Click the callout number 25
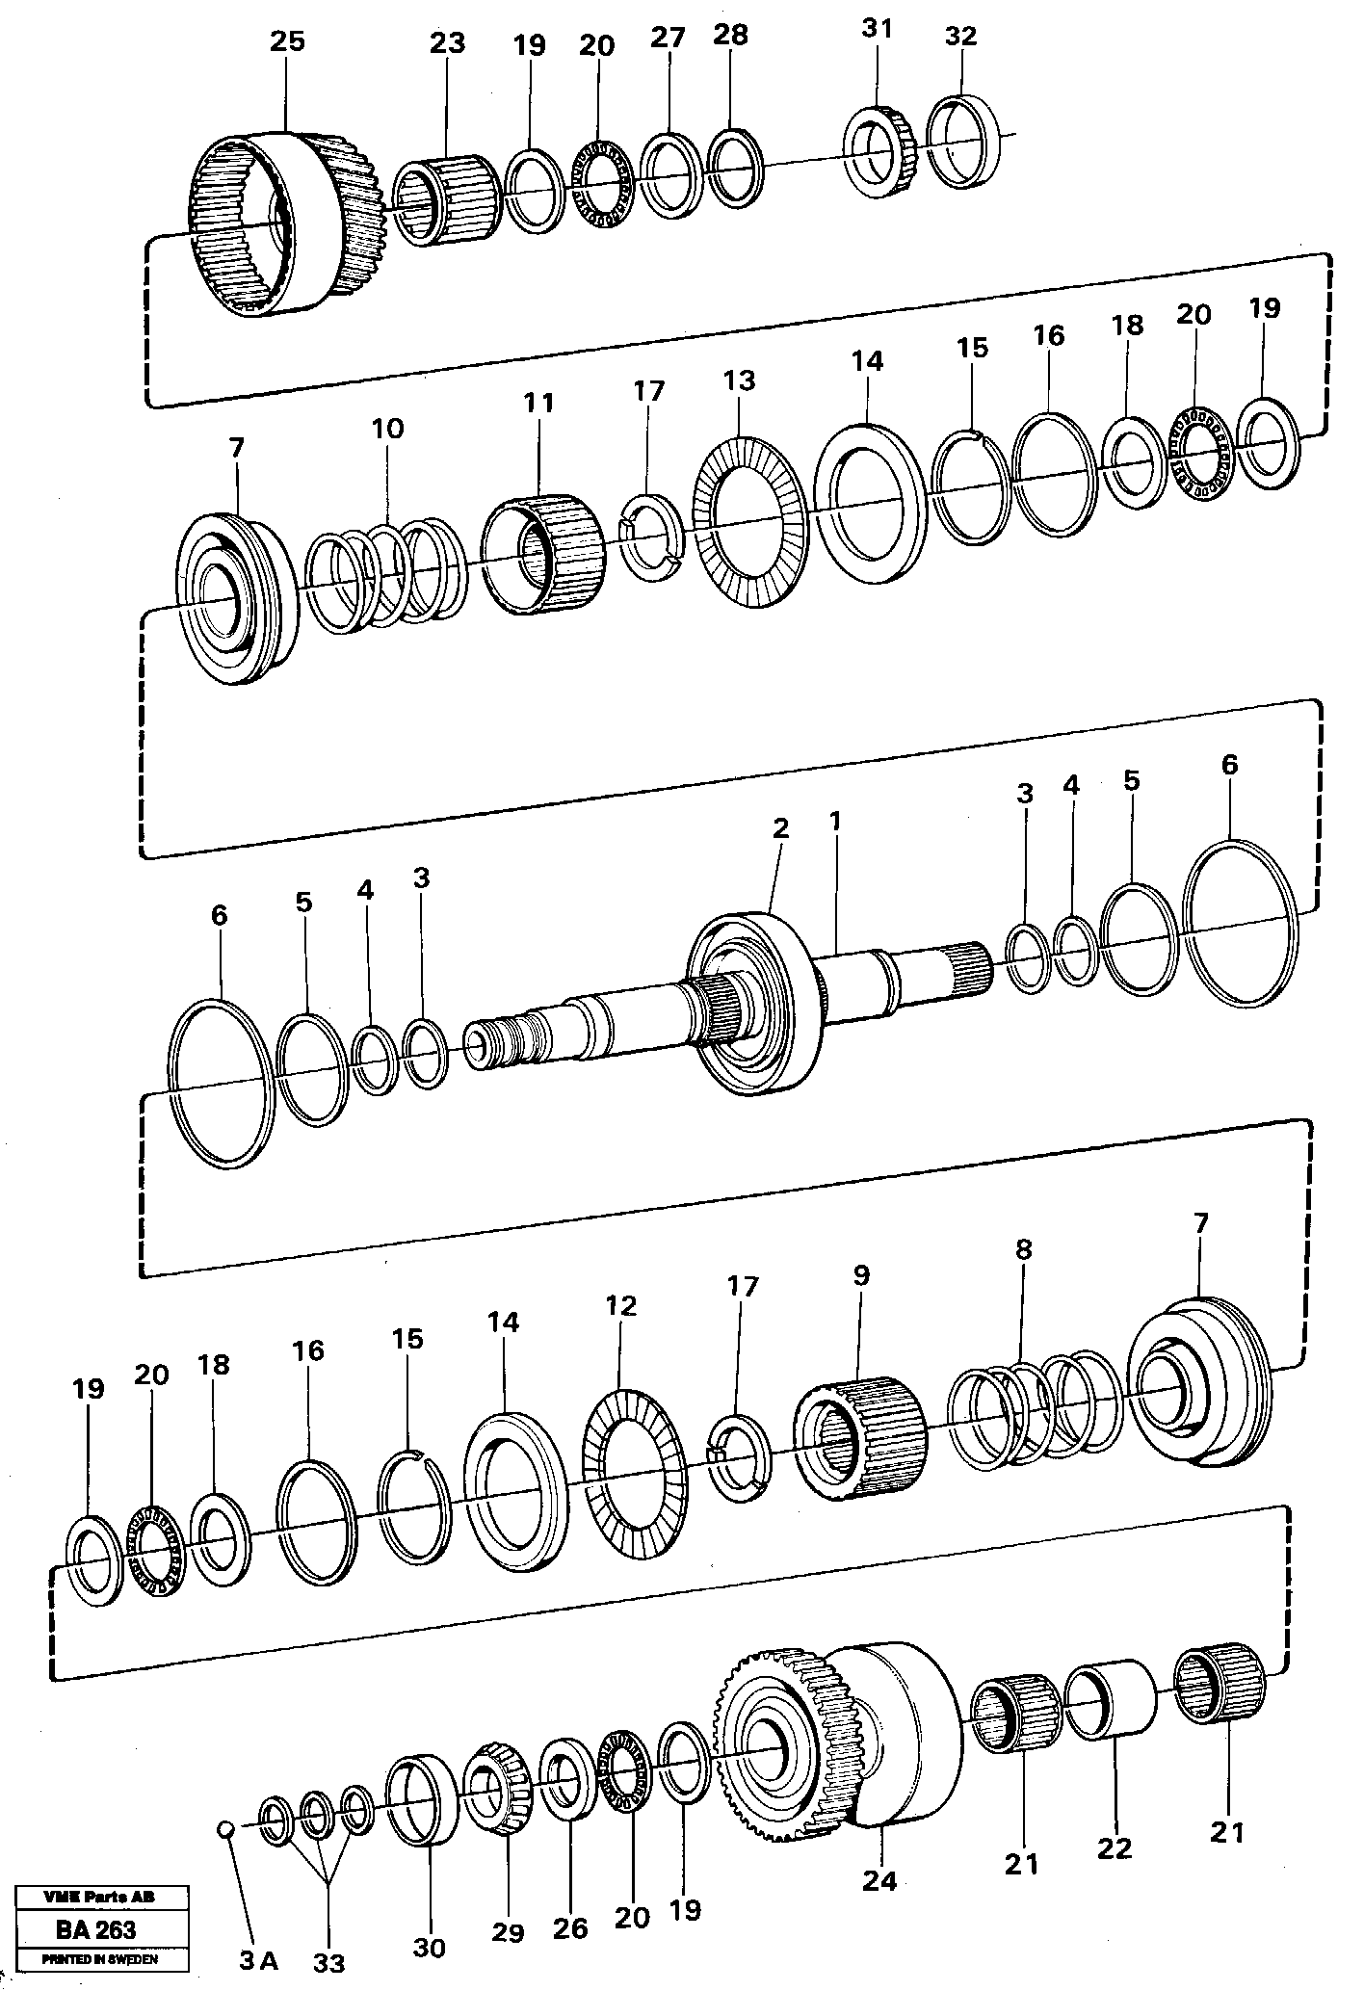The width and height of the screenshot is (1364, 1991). coord(287,42)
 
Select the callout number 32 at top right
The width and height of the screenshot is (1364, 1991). coord(960,37)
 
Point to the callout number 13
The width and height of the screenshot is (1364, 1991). coord(740,380)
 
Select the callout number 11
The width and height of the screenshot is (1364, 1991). coord(538,404)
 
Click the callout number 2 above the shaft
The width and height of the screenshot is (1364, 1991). coord(780,829)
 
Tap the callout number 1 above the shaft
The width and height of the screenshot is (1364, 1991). coord(835,822)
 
